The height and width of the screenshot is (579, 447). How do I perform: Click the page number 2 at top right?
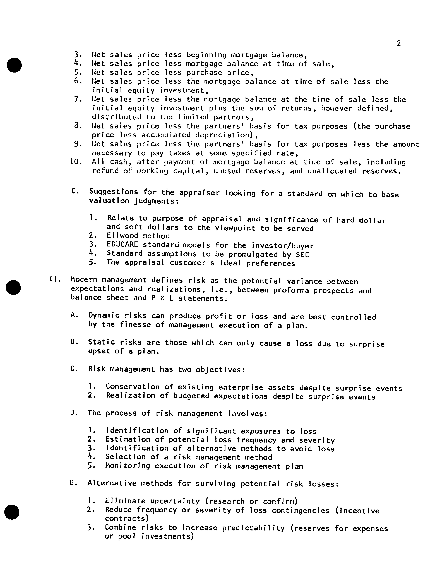coord(399,43)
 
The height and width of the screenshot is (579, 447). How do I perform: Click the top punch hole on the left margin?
coord(14,65)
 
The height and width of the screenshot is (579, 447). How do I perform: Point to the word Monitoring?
coord(128,466)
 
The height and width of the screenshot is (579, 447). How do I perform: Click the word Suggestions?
coord(113,192)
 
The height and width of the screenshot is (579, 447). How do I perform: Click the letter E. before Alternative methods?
coord(73,483)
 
